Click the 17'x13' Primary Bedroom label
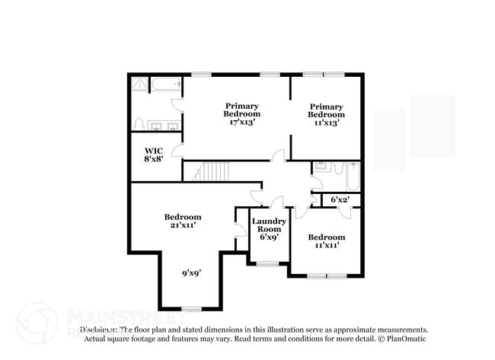pyautogui.click(x=241, y=114)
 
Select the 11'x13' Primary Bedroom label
pyautogui.click(x=325, y=114)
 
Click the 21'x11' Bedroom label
pyautogui.click(x=183, y=221)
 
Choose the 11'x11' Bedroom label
pyautogui.click(x=327, y=241)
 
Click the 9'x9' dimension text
pyautogui.click(x=191, y=272)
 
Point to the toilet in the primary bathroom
pyautogui.click(x=139, y=123)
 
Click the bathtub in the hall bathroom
pyautogui.click(x=352, y=177)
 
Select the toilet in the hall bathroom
pyautogui.click(x=337, y=169)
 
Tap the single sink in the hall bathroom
pyautogui.click(x=321, y=166)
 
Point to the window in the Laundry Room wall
pyautogui.click(x=267, y=264)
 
